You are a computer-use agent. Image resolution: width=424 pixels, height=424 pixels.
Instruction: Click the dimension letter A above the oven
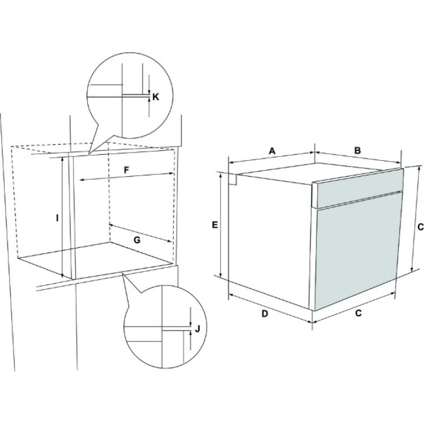tap(272, 151)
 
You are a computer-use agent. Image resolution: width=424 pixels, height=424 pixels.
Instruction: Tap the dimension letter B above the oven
tap(357, 151)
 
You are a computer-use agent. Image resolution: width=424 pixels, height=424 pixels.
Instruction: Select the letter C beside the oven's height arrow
tap(420, 227)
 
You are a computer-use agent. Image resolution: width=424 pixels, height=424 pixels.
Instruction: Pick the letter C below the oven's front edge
tap(358, 313)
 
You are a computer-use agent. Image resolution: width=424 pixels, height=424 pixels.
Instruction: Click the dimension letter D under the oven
tap(265, 314)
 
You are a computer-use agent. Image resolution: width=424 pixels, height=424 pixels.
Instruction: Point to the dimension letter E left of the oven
tap(215, 225)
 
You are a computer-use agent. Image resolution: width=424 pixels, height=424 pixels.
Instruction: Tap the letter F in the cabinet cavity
tap(126, 170)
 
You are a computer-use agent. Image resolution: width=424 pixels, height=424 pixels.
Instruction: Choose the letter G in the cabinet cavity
tap(137, 240)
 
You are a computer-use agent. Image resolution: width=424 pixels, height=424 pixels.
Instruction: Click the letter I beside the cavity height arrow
tap(57, 218)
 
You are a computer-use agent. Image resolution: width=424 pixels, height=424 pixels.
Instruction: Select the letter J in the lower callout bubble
tap(197, 329)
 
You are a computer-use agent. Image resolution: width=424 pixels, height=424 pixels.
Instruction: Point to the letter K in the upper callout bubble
tap(155, 97)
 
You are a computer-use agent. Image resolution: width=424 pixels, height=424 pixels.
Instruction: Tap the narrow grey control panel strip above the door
tap(358, 188)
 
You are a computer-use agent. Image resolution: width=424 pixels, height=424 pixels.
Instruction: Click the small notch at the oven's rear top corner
tap(233, 180)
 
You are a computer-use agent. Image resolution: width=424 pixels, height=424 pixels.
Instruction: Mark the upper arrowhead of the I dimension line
tap(62, 159)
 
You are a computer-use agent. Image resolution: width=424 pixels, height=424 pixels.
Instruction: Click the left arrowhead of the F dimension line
tap(82, 180)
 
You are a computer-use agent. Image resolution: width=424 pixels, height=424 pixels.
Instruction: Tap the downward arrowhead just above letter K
tap(149, 91)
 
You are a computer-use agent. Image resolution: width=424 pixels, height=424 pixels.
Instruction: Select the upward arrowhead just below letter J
tap(191, 333)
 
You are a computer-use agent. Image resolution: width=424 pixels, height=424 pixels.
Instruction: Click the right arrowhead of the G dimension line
tap(170, 240)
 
